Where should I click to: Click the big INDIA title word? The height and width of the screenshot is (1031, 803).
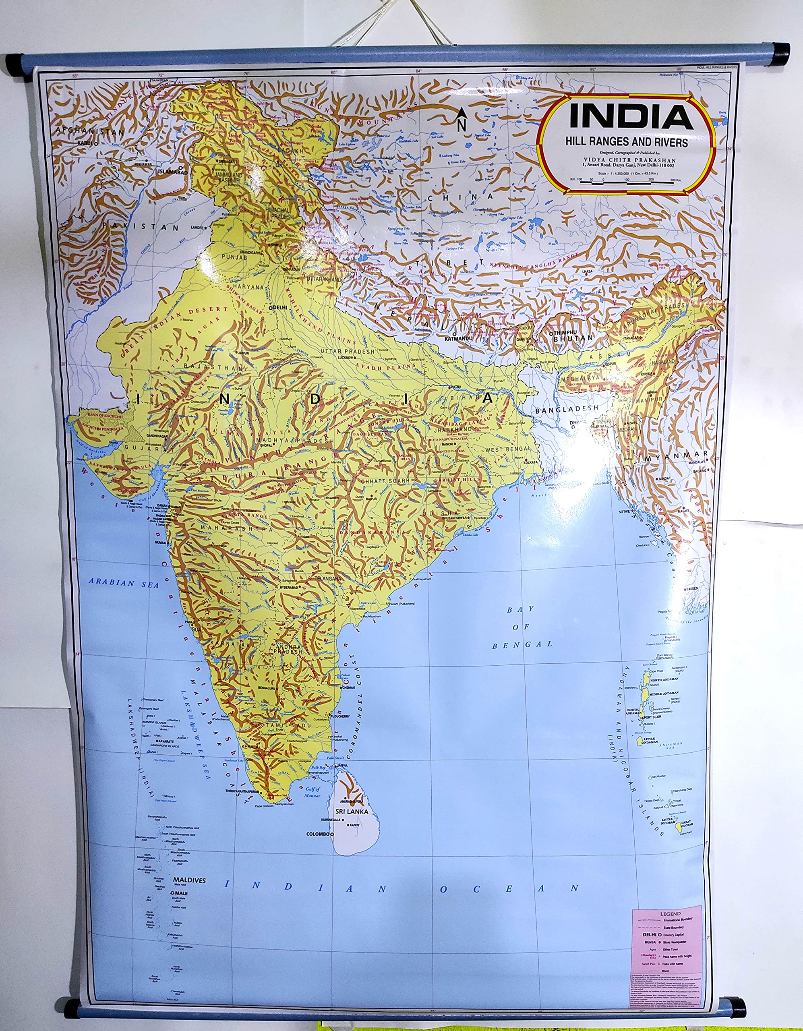631,117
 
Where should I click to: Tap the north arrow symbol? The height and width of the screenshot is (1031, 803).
462,119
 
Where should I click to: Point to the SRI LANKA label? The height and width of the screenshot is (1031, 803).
352,812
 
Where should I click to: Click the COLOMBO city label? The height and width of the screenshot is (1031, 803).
318,834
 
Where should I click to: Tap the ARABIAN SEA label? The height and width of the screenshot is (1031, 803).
124,583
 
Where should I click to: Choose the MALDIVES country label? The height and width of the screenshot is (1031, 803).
189,880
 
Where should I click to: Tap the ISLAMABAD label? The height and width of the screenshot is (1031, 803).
172,172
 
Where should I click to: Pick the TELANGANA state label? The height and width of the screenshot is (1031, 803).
328,578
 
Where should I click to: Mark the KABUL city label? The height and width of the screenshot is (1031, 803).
85,142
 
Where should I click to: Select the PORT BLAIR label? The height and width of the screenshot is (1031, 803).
655,716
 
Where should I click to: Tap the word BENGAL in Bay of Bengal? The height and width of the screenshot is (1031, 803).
522,644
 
